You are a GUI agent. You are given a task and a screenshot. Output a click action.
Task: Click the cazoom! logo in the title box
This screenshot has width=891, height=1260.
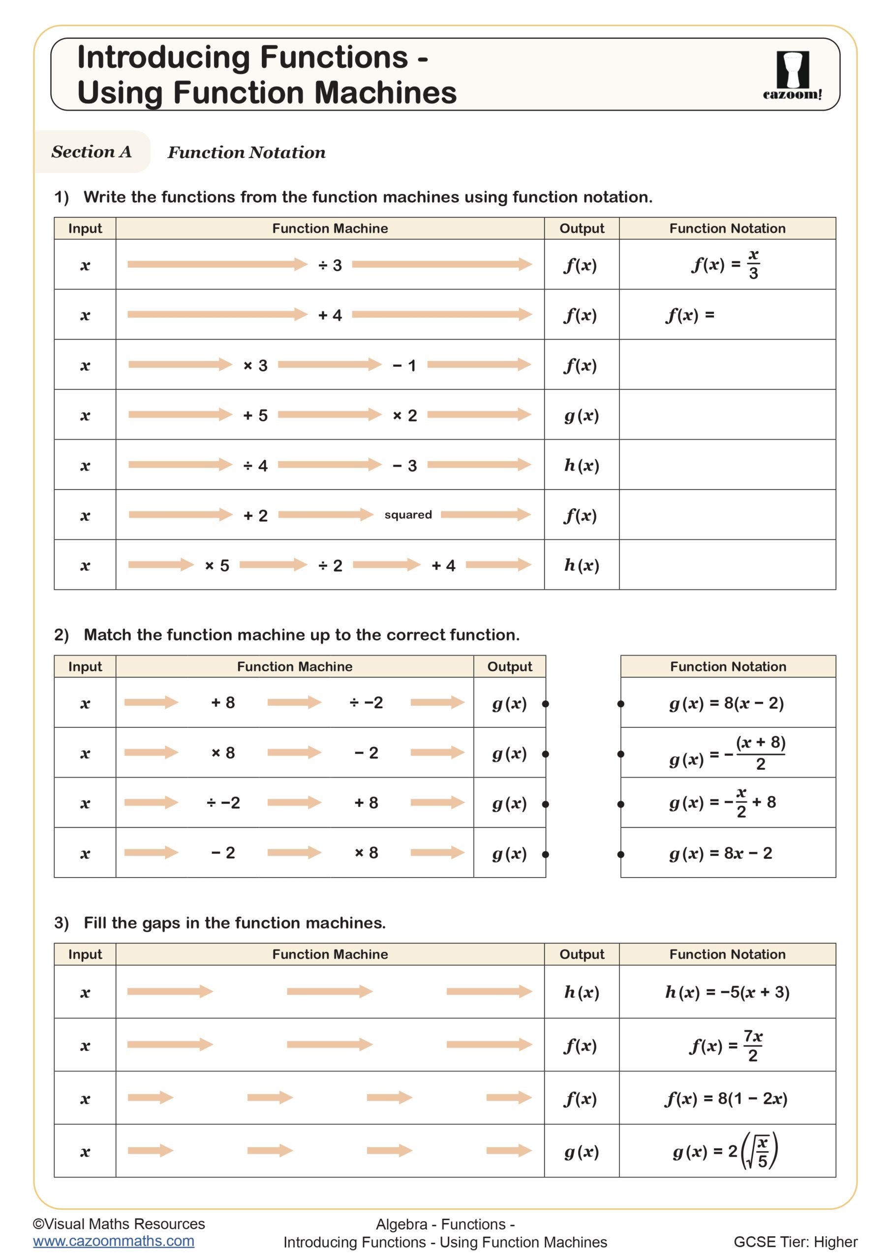(792, 75)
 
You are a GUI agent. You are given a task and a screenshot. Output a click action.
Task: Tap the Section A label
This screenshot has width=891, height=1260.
(92, 152)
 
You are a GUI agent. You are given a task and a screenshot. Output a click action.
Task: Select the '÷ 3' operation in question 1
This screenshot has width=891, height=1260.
(330, 266)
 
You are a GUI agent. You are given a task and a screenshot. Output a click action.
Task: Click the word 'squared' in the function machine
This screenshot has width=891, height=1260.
(408, 515)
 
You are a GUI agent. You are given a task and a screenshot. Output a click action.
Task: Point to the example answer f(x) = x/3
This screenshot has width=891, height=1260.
(726, 265)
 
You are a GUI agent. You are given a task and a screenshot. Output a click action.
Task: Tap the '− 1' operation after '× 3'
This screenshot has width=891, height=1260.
(404, 366)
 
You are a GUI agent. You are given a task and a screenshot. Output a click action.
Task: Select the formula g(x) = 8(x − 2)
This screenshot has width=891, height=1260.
(726, 703)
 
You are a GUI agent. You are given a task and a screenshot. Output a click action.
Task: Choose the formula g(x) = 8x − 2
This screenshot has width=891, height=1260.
(720, 853)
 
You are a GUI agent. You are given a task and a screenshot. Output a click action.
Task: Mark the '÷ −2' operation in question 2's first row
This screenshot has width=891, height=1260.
(366, 703)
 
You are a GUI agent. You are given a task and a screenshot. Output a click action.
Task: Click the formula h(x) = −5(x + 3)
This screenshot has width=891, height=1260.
(727, 992)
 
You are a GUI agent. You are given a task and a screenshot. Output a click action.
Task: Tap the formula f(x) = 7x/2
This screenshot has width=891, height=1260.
(726, 1045)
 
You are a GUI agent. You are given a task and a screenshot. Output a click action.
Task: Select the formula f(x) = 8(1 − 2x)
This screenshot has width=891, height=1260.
(726, 1099)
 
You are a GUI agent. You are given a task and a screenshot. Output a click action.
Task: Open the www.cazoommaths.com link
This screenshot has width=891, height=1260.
(114, 1241)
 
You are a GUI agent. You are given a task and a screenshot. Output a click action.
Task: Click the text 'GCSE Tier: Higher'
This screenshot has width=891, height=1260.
(795, 1242)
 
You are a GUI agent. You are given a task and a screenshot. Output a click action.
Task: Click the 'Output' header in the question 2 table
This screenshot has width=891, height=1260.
(509, 667)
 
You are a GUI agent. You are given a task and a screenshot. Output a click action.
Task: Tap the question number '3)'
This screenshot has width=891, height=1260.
(61, 923)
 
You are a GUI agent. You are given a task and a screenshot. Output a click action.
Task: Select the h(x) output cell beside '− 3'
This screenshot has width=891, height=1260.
(582, 466)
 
